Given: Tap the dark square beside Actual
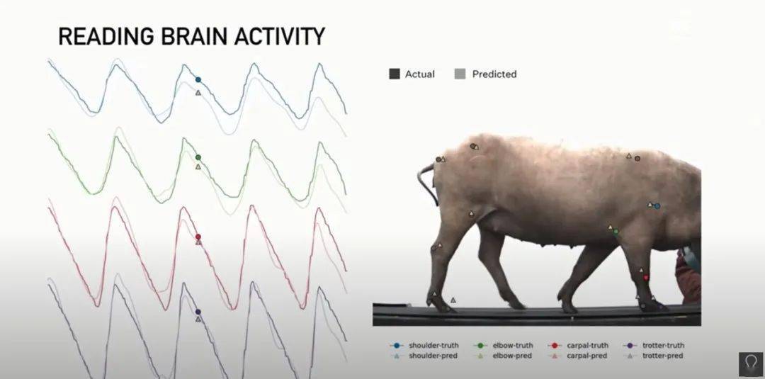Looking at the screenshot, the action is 395,74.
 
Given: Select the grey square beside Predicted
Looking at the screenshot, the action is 460,74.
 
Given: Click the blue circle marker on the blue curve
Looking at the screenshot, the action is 198,79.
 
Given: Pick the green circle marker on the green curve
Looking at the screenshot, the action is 198,157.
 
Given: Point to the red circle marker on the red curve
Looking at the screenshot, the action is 198,237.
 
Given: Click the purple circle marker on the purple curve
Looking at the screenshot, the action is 198,311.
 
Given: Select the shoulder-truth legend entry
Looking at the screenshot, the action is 424,345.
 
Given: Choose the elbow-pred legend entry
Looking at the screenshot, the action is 502,356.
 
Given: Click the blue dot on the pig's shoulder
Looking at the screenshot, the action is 657,206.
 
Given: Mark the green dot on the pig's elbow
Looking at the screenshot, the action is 616,231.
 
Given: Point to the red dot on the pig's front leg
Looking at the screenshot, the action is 646,278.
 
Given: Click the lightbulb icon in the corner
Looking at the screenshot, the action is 750,364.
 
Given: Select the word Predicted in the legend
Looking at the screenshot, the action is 494,74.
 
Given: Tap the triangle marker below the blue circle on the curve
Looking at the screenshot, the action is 198,93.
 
